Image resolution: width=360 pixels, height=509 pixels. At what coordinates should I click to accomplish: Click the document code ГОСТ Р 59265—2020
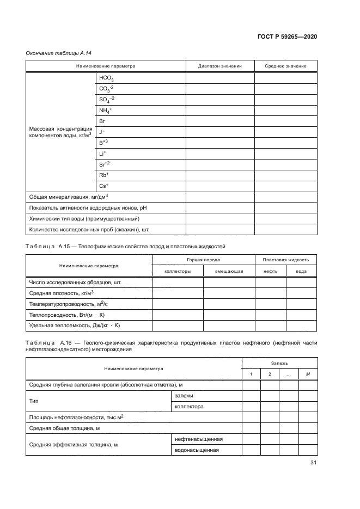click(x=287, y=36)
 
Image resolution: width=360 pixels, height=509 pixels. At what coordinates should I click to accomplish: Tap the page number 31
click(x=313, y=463)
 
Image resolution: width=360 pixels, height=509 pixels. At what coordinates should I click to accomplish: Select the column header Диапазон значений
click(x=220, y=66)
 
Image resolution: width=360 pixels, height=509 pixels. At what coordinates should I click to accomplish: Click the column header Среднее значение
click(x=285, y=66)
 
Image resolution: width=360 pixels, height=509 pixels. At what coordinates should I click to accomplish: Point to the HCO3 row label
click(x=106, y=78)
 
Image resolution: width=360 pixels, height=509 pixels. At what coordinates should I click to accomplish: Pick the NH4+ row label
click(x=105, y=111)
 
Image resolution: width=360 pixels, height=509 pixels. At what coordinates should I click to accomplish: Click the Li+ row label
click(x=102, y=154)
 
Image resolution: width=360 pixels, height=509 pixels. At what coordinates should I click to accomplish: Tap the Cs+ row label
click(x=103, y=186)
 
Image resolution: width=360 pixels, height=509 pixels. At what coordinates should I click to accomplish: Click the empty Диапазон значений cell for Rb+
click(x=220, y=175)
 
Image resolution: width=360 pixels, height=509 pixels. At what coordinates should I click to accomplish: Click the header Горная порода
click(x=203, y=260)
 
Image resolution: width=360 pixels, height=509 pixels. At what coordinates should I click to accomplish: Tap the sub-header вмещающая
click(x=229, y=271)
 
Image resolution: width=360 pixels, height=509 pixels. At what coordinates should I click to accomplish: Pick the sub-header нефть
click(x=271, y=271)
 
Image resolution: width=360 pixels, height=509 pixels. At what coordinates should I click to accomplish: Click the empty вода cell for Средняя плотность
click(x=301, y=293)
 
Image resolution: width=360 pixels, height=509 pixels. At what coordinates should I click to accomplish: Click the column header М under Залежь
click(x=308, y=373)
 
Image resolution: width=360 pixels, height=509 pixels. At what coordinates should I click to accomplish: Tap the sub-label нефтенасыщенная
click(x=198, y=439)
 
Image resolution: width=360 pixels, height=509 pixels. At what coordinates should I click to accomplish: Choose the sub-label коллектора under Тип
click(x=189, y=406)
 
